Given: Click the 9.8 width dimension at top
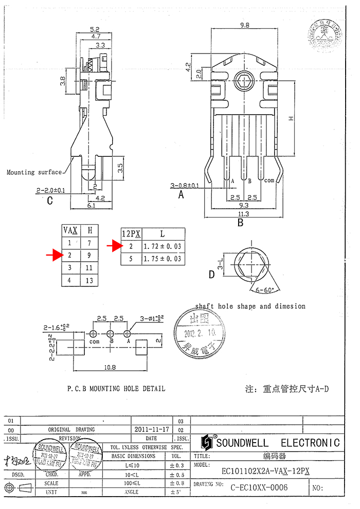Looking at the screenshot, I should point(244,24).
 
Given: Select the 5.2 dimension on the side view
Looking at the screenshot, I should point(94,29).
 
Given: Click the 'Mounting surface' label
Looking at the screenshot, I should point(34,173).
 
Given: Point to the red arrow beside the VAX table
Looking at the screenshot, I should point(53,254).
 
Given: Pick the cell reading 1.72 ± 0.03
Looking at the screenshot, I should point(163,246).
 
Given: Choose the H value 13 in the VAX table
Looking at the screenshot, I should point(89,280).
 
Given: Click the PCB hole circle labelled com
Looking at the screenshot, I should point(94,334).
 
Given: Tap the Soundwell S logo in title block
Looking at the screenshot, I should point(207,443).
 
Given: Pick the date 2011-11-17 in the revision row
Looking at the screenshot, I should point(152,429).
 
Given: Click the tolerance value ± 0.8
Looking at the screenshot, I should point(176,483).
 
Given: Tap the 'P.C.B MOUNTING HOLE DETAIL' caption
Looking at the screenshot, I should point(116,389).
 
